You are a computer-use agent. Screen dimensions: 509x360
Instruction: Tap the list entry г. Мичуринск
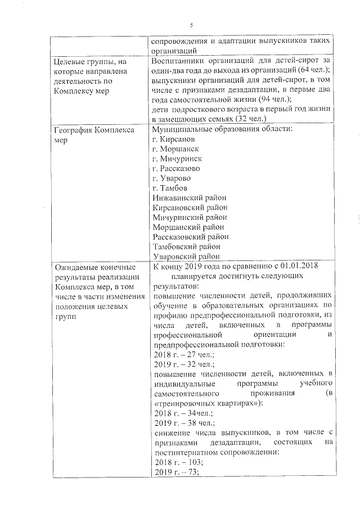pos(178,159)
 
